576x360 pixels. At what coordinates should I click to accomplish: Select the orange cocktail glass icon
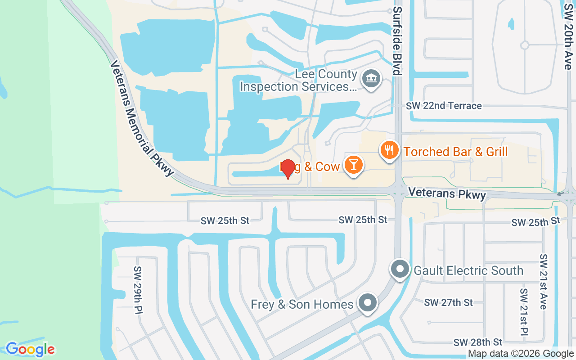point(354,165)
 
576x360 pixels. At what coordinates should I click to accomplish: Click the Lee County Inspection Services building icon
point(371,79)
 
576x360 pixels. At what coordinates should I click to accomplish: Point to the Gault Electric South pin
point(400,269)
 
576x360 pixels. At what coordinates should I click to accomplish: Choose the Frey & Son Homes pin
point(368,303)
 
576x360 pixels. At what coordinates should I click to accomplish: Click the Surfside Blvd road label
point(397,40)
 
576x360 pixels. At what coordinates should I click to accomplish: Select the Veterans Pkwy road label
point(447,194)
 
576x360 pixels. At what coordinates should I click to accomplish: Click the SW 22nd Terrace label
point(444,106)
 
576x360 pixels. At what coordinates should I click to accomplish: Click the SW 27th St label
point(448,302)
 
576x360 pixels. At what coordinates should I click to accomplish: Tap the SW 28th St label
point(477,342)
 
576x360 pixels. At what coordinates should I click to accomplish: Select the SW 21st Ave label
point(543,282)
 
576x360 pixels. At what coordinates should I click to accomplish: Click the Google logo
point(30,349)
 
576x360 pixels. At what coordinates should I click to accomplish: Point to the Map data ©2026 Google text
point(521,354)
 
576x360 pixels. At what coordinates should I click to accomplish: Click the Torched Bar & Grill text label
point(455,152)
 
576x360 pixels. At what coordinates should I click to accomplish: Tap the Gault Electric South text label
point(468,270)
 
